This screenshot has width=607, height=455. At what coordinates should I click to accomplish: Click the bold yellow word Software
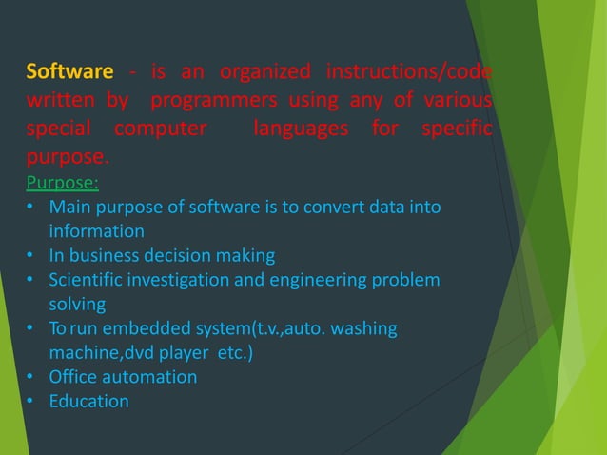pos(69,72)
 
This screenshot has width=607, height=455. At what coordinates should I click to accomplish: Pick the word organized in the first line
pos(264,72)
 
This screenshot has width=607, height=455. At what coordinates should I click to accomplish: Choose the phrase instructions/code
pos(408,72)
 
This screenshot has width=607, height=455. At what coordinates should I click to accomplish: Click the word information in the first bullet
pos(97,231)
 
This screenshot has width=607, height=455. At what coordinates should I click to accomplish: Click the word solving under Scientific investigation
pos(77,304)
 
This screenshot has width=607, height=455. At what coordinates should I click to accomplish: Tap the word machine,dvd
pos(102,352)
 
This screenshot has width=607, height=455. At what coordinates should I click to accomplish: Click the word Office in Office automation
pos(75,377)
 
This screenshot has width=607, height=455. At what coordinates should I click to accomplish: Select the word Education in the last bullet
pos(88,401)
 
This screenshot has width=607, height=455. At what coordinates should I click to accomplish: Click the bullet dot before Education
pos(31,401)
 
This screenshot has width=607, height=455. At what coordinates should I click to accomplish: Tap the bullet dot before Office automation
pos(31,377)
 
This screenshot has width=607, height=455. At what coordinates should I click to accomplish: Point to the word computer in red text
pos(160,128)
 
